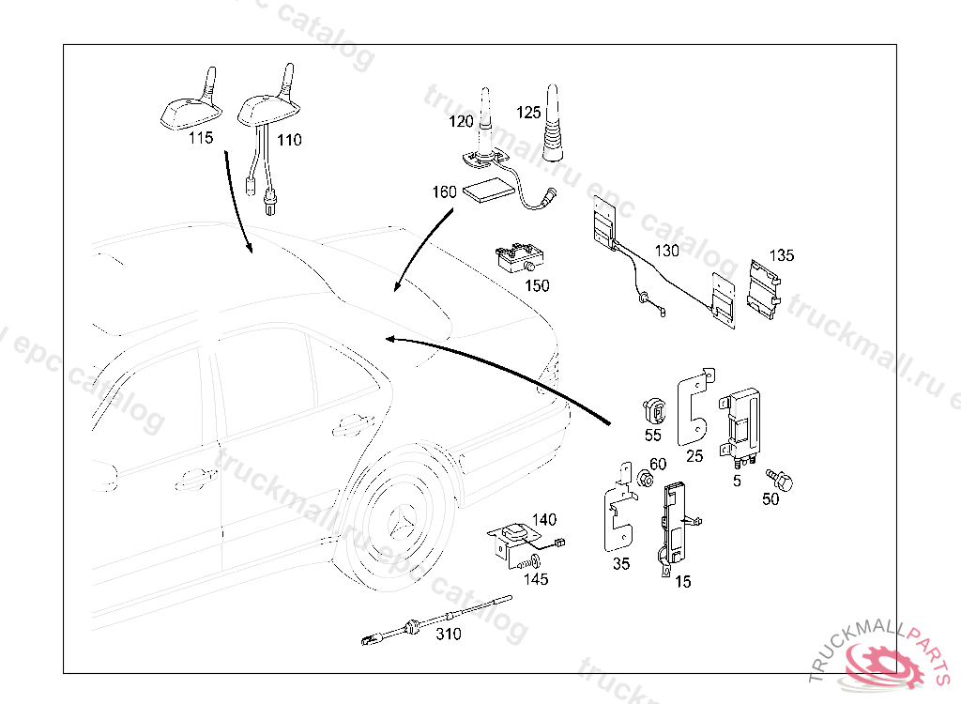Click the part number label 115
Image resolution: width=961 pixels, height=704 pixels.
pyautogui.click(x=201, y=138)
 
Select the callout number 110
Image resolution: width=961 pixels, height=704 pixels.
pyautogui.click(x=289, y=140)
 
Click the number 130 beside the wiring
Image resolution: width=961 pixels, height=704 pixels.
pyautogui.click(x=666, y=251)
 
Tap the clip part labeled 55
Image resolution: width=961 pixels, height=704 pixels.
pyautogui.click(x=653, y=410)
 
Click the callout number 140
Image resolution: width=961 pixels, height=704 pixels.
pyautogui.click(x=544, y=519)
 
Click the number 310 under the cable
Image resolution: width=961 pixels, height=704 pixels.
pyautogui.click(x=449, y=635)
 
